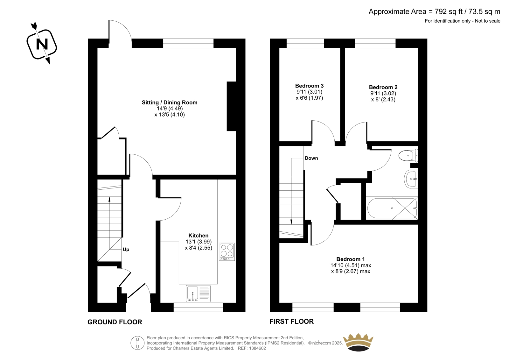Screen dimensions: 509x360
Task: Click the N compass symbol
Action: pyautogui.click(x=42, y=44)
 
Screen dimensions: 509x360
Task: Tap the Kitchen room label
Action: pyautogui.click(x=199, y=236)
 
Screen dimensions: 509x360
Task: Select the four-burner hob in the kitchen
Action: pyautogui.click(x=227, y=252)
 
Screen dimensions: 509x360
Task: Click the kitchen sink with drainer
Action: pyautogui.click(x=198, y=293)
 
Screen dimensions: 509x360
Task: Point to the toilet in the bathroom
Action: pyautogui.click(x=408, y=156)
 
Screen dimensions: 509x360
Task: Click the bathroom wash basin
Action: pyautogui.click(x=411, y=179)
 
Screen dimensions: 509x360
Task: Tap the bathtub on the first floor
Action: pyautogui.click(x=392, y=208)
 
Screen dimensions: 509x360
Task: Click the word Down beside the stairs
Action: pyautogui.click(x=311, y=158)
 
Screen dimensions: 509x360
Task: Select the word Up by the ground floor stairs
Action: pyautogui.click(x=126, y=250)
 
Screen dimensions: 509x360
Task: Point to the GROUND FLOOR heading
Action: pyautogui.click(x=115, y=322)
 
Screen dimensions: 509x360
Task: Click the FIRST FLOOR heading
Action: pyautogui.click(x=291, y=321)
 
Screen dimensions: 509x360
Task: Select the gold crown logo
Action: pyautogui.click(x=358, y=342)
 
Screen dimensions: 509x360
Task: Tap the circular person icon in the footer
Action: pyautogui.click(x=137, y=343)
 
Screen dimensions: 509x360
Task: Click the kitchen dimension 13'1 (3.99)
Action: pyautogui.click(x=199, y=242)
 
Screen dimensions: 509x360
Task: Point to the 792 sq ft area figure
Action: pyautogui.click(x=449, y=11)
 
